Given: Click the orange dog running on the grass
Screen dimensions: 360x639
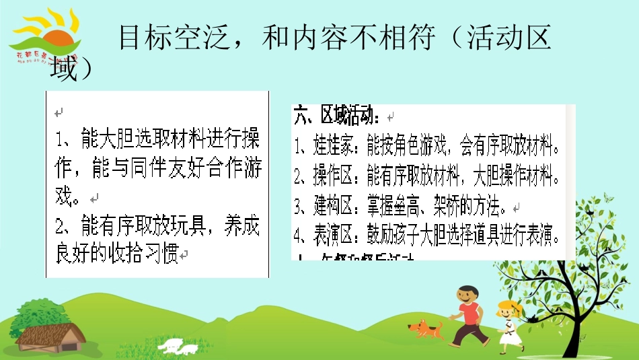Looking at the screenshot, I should coord(425,329).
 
